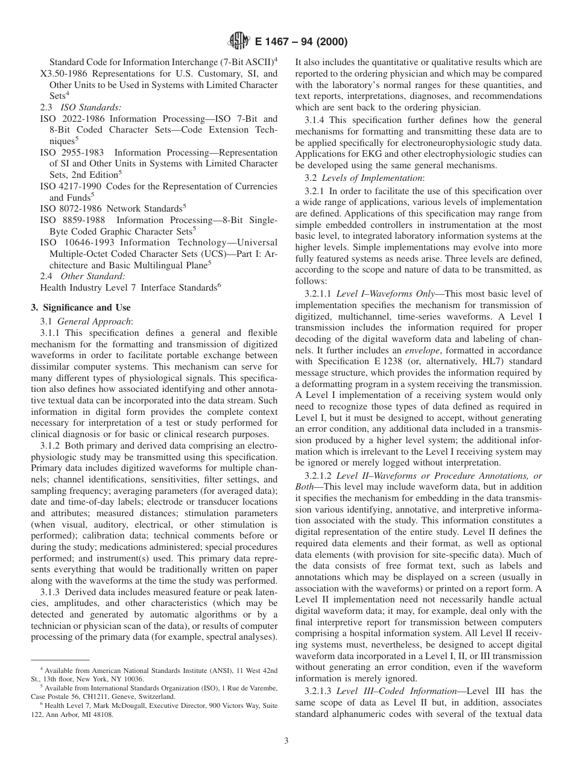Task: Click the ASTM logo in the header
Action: coord(239,42)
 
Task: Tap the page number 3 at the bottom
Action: coord(286,740)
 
